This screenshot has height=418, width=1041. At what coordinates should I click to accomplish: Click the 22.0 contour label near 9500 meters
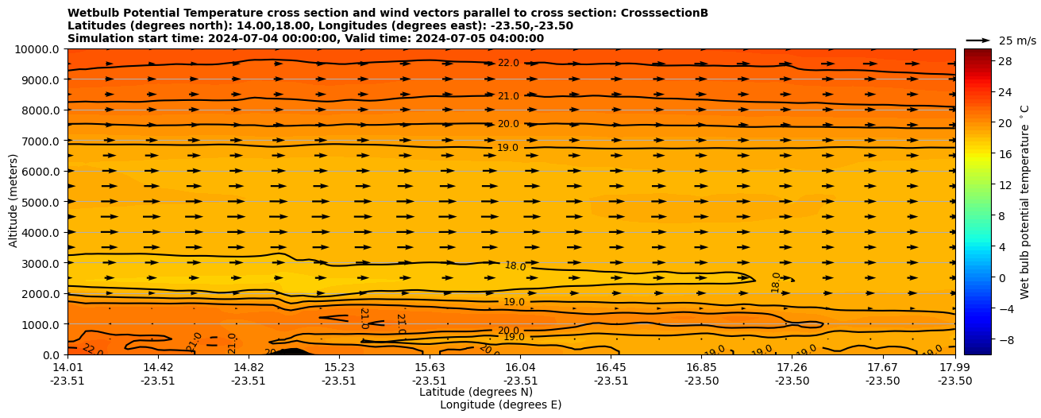coord(508,64)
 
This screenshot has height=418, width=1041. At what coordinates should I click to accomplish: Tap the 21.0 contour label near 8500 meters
coord(508,97)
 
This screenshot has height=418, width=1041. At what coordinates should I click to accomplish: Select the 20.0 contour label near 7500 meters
coord(508,125)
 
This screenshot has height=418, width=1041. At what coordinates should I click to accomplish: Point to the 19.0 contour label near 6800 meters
coord(508,148)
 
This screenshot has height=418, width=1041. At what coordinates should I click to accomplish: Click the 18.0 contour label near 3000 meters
coord(515,266)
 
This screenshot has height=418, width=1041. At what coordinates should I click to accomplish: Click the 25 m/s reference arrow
coord(978,41)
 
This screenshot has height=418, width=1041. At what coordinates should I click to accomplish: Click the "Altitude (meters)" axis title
coord(13,202)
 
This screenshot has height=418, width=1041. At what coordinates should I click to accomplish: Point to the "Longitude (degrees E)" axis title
coord(500,405)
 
